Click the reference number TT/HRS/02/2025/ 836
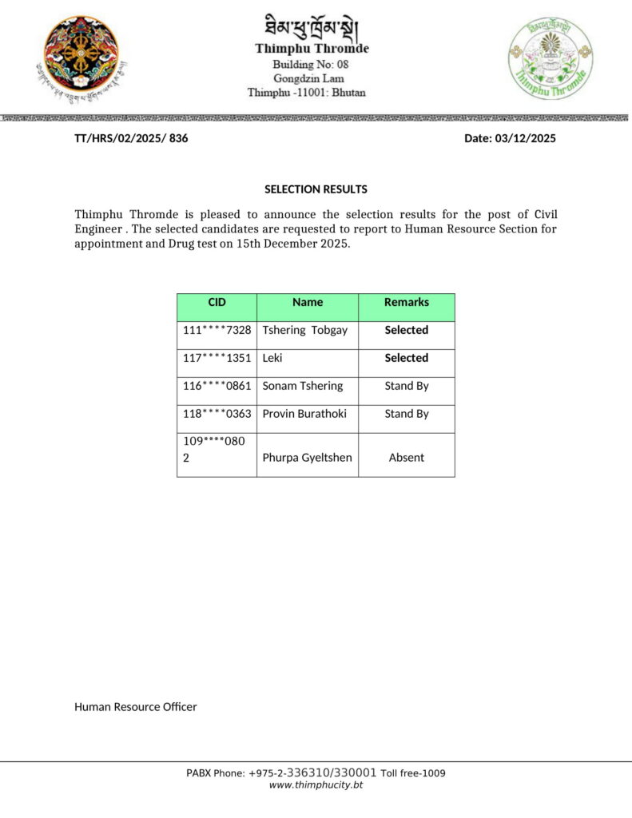[x=131, y=138]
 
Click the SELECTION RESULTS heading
[x=316, y=189]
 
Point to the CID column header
[x=217, y=302]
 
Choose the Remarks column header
[x=406, y=302]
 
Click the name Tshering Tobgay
[x=304, y=330]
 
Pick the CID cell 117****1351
[x=217, y=358]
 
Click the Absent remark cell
[x=406, y=458]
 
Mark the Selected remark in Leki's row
[x=406, y=358]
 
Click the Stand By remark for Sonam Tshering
[x=406, y=386]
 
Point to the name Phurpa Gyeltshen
[x=307, y=458]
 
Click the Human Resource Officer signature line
[x=135, y=707]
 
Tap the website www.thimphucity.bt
[x=316, y=785]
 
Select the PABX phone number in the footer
[x=316, y=772]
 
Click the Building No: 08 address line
[x=310, y=64]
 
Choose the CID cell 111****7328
[x=217, y=330]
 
